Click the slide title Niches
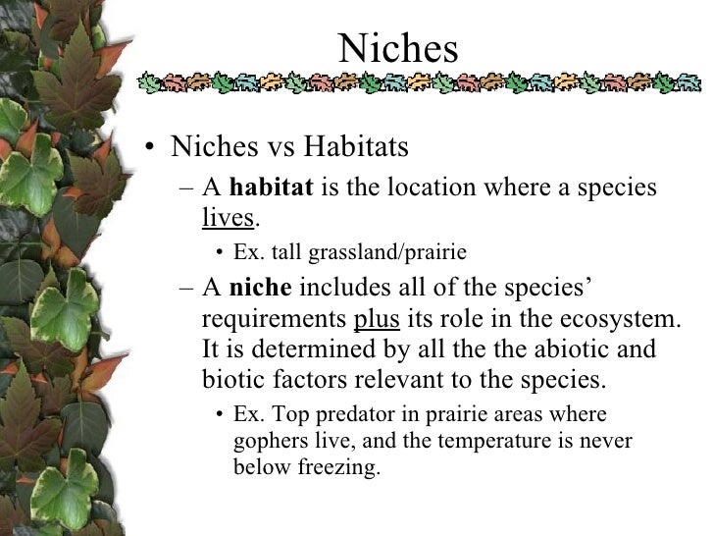point(398,48)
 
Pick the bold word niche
point(260,289)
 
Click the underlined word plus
point(377,319)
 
